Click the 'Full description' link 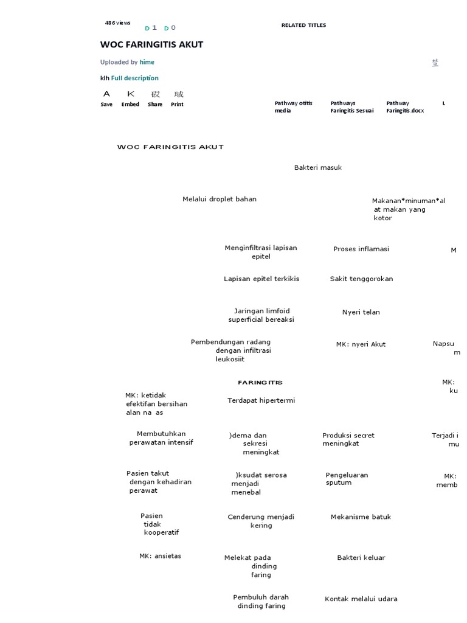pyautogui.click(x=134, y=78)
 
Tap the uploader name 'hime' pyautogui.click(x=147, y=62)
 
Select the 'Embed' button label pyautogui.click(x=130, y=104)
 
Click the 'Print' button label pyautogui.click(x=177, y=104)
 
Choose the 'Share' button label pyautogui.click(x=155, y=104)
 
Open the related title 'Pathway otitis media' pyautogui.click(x=293, y=107)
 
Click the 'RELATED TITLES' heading pyautogui.click(x=303, y=26)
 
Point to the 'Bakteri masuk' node pyautogui.click(x=317, y=167)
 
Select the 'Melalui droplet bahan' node pyautogui.click(x=219, y=199)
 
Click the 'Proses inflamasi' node pyautogui.click(x=361, y=249)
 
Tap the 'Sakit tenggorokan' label pyautogui.click(x=361, y=279)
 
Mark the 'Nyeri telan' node pyautogui.click(x=361, y=312)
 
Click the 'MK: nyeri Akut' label pyautogui.click(x=361, y=344)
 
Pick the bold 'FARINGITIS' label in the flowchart pyautogui.click(x=260, y=383)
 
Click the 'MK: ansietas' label pyautogui.click(x=160, y=555)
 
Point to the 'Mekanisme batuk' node pyautogui.click(x=361, y=517)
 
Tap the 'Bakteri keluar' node pyautogui.click(x=361, y=557)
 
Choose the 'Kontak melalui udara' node pyautogui.click(x=361, y=599)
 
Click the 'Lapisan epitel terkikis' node pyautogui.click(x=261, y=279)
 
